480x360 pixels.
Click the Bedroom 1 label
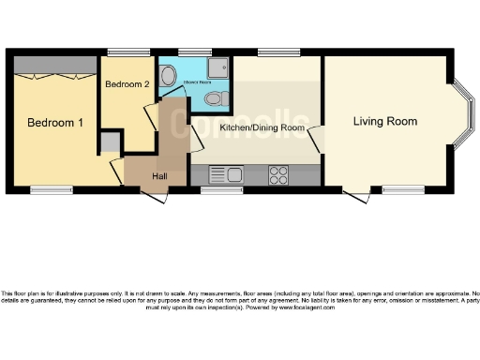pyautogui.click(x=54, y=124)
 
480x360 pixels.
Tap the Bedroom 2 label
pyautogui.click(x=127, y=84)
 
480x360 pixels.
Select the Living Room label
pyautogui.click(x=384, y=121)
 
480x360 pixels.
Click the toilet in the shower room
pyautogui.click(x=214, y=98)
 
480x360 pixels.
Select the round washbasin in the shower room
pyautogui.click(x=169, y=79)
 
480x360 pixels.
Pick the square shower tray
pyautogui.click(x=219, y=68)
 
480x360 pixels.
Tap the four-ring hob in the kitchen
pyautogui.click(x=278, y=173)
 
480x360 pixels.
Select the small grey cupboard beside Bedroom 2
pyautogui.click(x=110, y=142)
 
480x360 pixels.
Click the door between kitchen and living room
pyautogui.click(x=317, y=138)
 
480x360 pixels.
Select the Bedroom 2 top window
pyautogui.click(x=124, y=52)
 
